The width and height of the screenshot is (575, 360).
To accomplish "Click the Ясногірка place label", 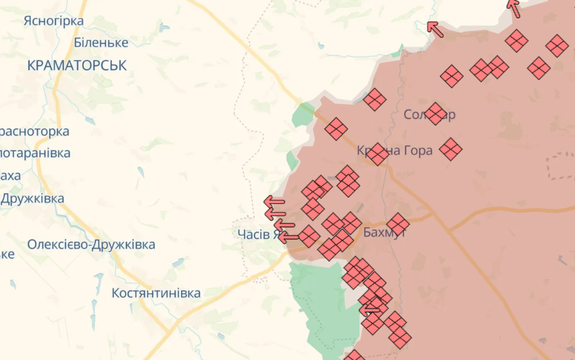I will (x=53, y=21).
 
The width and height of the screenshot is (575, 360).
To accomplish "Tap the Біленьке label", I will (x=101, y=43).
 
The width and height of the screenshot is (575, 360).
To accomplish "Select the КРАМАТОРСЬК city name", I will (x=77, y=65).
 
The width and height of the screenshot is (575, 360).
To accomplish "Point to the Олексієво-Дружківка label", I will (x=91, y=245).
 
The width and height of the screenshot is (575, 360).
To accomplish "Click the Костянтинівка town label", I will (x=156, y=293).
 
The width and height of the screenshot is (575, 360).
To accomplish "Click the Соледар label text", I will (x=429, y=114).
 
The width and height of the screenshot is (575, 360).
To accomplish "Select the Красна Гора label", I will (x=395, y=150).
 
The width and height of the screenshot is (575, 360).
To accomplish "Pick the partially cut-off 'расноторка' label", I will (x=35, y=131).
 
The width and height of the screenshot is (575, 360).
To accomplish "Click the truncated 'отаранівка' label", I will (x=35, y=153).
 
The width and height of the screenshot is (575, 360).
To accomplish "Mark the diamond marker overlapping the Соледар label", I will (x=436, y=113).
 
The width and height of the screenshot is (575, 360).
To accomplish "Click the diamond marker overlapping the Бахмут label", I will (x=398, y=224).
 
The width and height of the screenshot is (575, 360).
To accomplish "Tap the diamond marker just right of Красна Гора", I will (x=451, y=149).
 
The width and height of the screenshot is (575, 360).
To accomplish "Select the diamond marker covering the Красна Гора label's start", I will (x=377, y=154).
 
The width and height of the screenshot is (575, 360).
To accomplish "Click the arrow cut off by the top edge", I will (x=514, y=7).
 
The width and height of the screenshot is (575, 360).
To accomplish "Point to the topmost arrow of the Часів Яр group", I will (x=274, y=201).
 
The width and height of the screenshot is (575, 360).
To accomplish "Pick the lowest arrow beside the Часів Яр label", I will (x=289, y=237).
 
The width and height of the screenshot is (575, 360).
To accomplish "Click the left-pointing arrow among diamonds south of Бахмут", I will (x=370, y=309).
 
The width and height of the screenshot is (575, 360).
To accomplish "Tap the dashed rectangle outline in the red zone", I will (x=561, y=165).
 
